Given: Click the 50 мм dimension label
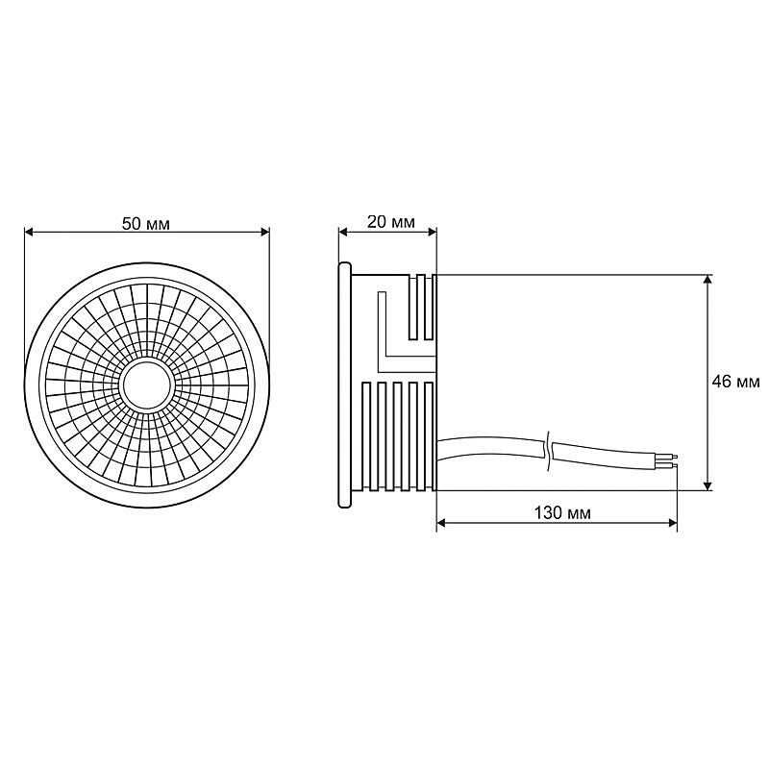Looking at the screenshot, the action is tap(146, 224).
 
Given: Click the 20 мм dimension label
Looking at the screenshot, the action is tap(391, 222).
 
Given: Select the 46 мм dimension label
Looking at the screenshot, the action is tap(735, 382).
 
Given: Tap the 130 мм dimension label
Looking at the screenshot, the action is tap(562, 513).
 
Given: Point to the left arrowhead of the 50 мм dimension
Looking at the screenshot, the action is tap(29, 232).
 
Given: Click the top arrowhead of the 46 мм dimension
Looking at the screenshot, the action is tap(707, 279).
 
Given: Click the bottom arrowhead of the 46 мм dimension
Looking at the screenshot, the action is tap(707, 485).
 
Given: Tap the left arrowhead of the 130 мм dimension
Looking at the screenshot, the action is tap(441, 523).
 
